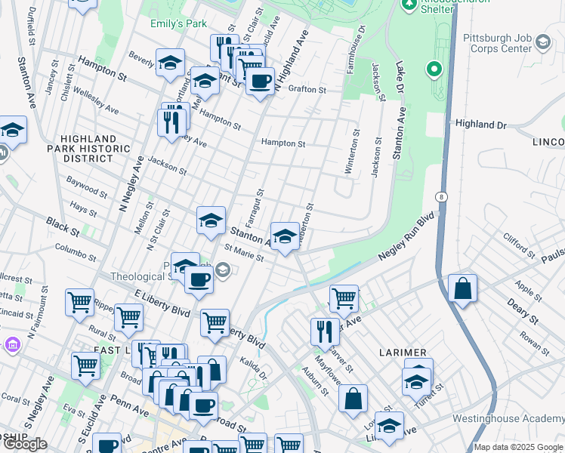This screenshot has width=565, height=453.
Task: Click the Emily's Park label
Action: (178, 23)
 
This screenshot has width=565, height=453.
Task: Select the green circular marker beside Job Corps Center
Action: (434, 71)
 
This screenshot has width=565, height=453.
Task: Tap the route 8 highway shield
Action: (441, 196)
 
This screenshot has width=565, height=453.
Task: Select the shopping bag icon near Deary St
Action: (462, 288)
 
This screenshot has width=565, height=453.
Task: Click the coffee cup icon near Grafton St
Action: (260, 81)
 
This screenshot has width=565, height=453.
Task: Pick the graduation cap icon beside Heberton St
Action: (285, 236)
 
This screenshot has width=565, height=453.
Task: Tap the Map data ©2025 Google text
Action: (518, 447)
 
